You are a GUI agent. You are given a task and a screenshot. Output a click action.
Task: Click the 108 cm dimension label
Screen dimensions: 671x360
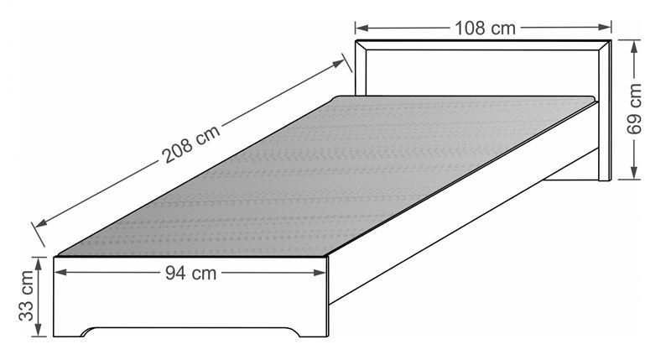[485, 29]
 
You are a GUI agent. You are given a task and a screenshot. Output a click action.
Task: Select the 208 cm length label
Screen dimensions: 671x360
[191, 143]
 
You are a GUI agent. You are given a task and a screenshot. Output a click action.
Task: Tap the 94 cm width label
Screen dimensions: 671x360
[191, 273]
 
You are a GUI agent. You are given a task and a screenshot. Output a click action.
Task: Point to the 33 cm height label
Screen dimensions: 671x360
[27, 295]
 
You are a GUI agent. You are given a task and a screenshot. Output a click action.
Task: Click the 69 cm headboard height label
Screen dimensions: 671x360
[635, 109]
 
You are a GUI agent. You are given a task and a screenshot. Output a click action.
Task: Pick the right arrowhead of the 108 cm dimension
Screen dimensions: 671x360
[605, 28]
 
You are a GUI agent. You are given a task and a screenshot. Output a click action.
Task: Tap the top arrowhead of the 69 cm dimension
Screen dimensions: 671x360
[635, 47]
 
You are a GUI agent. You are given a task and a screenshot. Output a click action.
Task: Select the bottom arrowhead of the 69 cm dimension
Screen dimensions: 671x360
[635, 173]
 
